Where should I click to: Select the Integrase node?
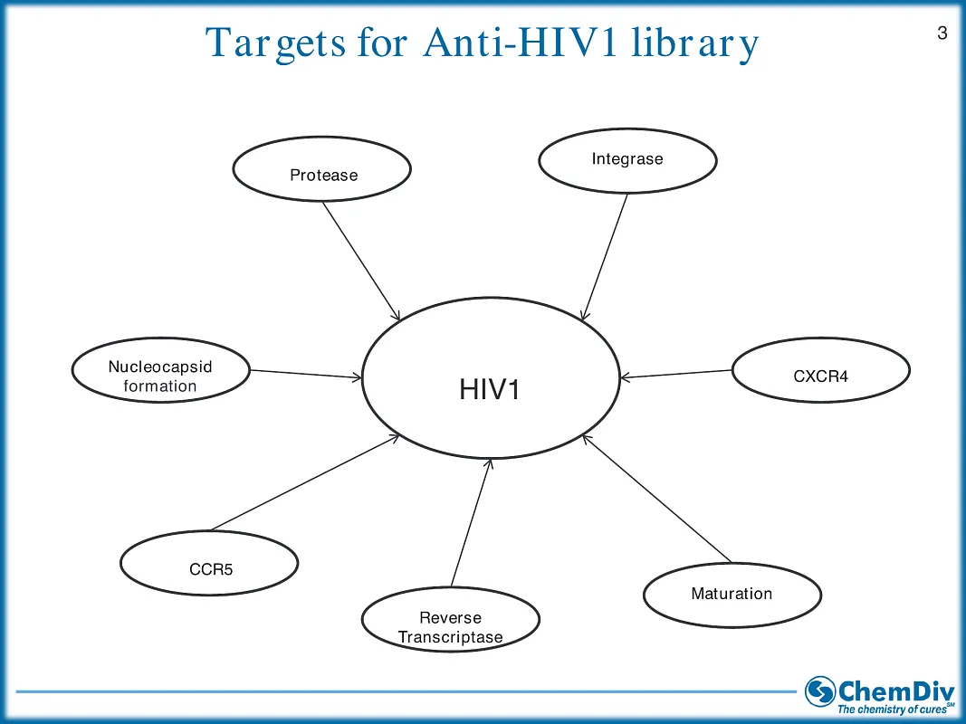pos(627,160)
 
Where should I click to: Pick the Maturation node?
pos(732,595)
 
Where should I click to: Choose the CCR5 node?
pos(209,565)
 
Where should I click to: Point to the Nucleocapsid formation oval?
pos(160,373)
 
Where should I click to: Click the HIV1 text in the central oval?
pos(491,390)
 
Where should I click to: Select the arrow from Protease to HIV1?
pos(360,260)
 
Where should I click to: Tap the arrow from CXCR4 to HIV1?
pos(676,374)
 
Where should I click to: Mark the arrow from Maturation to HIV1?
pos(656,498)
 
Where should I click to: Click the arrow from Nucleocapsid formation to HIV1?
pos(306,374)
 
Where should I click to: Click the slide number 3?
pos(942,34)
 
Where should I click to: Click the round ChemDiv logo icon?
pos(820,691)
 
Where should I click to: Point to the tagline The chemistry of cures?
pos(894,710)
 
